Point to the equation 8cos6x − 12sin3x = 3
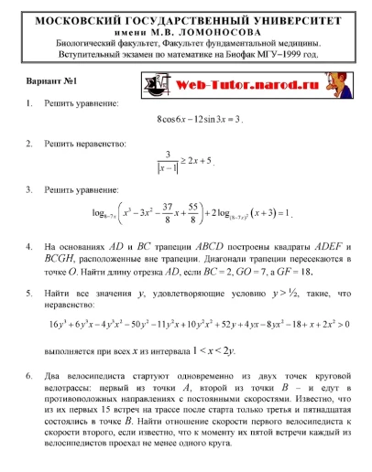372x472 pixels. [x=201, y=119]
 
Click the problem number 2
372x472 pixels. [x=30, y=144]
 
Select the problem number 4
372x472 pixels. [x=30, y=247]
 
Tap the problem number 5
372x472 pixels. [x=30, y=294]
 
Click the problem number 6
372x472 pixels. [x=30, y=376]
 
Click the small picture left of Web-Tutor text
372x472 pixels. [x=159, y=84]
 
